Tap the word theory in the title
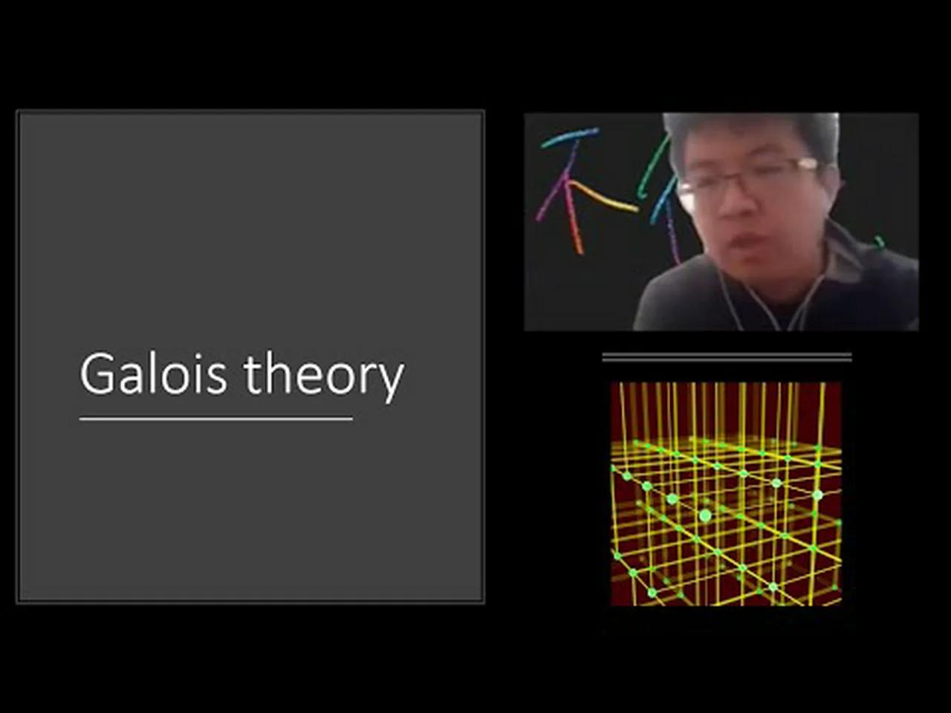[x=324, y=375]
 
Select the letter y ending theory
[x=391, y=380]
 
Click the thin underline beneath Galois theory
[x=215, y=419]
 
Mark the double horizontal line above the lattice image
[x=726, y=357]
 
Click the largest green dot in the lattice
[x=705, y=515]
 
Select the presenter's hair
[x=750, y=130]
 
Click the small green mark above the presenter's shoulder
[x=880, y=242]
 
